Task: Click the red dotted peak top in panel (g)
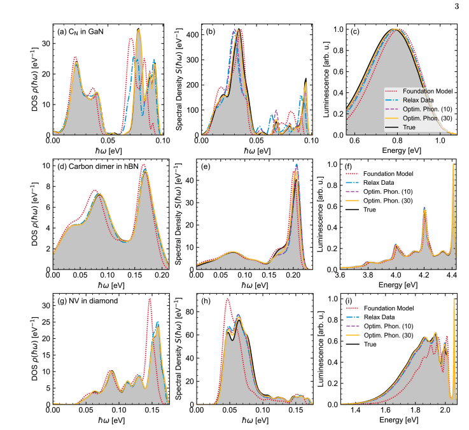coord(150,299)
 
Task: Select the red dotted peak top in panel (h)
coord(227,299)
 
